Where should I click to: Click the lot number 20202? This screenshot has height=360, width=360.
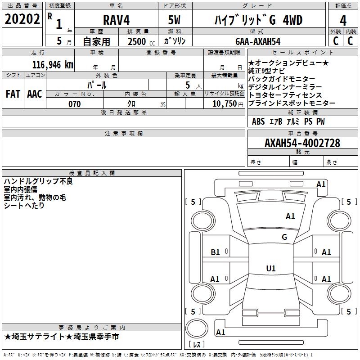coord(22,19)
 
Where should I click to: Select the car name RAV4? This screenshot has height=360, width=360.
coord(117,20)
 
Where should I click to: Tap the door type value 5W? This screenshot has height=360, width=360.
coord(174,20)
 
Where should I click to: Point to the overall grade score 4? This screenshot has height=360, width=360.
coord(343,21)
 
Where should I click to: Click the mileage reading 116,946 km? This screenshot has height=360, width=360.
coord(53,65)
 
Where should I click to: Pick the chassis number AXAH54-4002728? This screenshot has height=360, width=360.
coord(302,143)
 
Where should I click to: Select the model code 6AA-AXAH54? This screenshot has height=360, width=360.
coord(258,41)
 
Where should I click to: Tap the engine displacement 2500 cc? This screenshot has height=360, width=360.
coord(141,41)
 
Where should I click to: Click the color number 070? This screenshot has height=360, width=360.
coord(75,104)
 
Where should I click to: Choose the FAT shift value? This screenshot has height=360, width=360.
coord(13,94)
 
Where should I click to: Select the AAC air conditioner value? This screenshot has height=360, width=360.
coord(35,94)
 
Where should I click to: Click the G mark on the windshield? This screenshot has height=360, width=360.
coord(284,237)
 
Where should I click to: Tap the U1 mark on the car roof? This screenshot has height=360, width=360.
coord(271,268)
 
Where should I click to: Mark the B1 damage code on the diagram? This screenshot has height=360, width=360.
coord(215,252)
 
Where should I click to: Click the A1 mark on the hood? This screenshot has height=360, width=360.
coord(290,216)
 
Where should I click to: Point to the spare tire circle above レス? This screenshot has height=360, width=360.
coord(197,328)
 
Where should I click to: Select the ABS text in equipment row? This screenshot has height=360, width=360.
coord(258,121)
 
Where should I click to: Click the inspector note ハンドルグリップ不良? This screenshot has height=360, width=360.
coord(38,181)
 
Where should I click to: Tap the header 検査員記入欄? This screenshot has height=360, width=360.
coord(92,173)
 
